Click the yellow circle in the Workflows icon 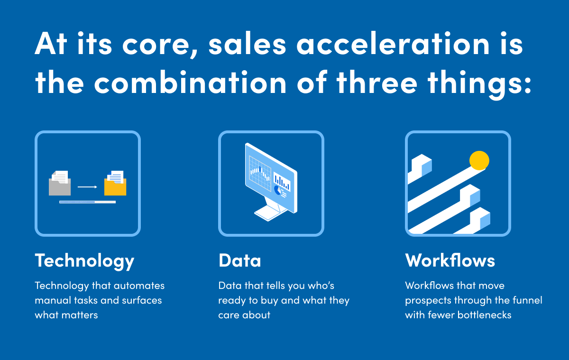click(479, 161)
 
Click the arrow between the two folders click(87, 187)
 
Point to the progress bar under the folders click(87, 202)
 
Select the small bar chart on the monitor click(282, 181)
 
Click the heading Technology click(84, 261)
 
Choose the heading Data click(239, 261)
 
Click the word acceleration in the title click(393, 44)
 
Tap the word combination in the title click(190, 82)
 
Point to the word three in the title click(377, 82)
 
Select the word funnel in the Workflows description click(527, 300)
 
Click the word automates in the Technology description click(139, 286)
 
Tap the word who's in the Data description click(321, 286)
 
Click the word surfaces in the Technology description click(142, 300)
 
